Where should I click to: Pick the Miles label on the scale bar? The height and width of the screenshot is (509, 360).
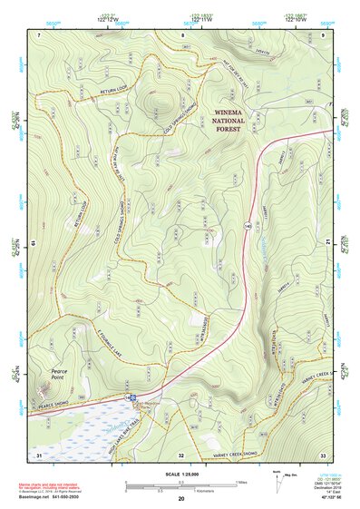point(239,481)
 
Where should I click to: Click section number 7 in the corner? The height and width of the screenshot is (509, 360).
point(39,34)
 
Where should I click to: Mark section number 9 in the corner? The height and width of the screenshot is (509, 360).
point(322,34)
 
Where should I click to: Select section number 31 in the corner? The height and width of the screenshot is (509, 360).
point(39,454)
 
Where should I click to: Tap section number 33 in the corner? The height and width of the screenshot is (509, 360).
point(322,454)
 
